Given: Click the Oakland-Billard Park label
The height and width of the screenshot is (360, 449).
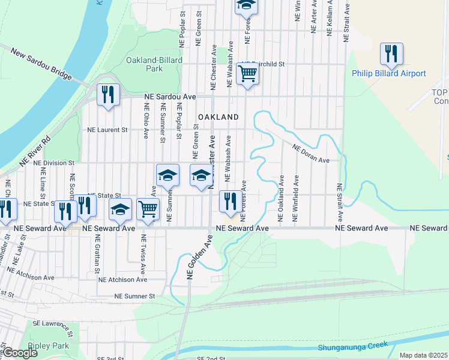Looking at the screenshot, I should click(144, 64).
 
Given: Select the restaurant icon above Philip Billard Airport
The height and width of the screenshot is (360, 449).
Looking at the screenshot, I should click(391, 54).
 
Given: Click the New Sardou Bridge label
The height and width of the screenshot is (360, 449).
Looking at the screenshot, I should click(41, 65).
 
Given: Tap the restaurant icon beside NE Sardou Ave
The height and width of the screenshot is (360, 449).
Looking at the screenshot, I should click(109, 95).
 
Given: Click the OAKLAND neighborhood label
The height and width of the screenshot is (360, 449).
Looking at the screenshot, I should click(218, 117).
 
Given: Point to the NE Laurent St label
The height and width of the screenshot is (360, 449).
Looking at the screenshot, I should click(108, 129).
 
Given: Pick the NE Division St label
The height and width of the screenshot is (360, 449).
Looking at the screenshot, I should click(53, 163).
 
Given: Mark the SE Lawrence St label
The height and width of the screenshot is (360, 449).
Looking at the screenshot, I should click(54, 325).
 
